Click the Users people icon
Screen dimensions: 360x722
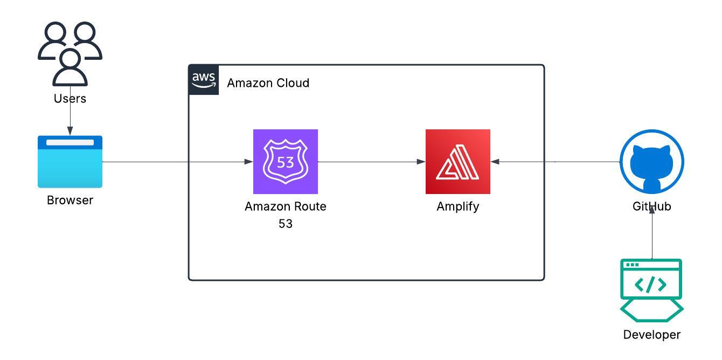tap(70, 54)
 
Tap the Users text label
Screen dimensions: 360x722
tap(70, 99)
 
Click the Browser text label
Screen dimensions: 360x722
tap(70, 200)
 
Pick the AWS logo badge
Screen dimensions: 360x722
tap(204, 80)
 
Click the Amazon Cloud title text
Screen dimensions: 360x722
tap(268, 83)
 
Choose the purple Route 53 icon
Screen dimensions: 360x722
tap(286, 162)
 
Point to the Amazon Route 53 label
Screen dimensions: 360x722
tap(286, 214)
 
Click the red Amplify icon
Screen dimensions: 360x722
tap(458, 162)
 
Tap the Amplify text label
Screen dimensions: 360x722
tap(458, 206)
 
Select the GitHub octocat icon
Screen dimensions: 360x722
tap(652, 162)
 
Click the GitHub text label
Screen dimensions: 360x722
tap(652, 206)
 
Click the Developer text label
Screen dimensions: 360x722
tap(652, 335)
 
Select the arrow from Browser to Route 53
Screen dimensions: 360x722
tap(178, 162)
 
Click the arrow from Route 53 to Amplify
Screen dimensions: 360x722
tap(372, 162)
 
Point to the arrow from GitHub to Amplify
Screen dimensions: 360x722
tap(555, 162)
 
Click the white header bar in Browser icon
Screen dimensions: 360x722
tap(70, 143)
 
